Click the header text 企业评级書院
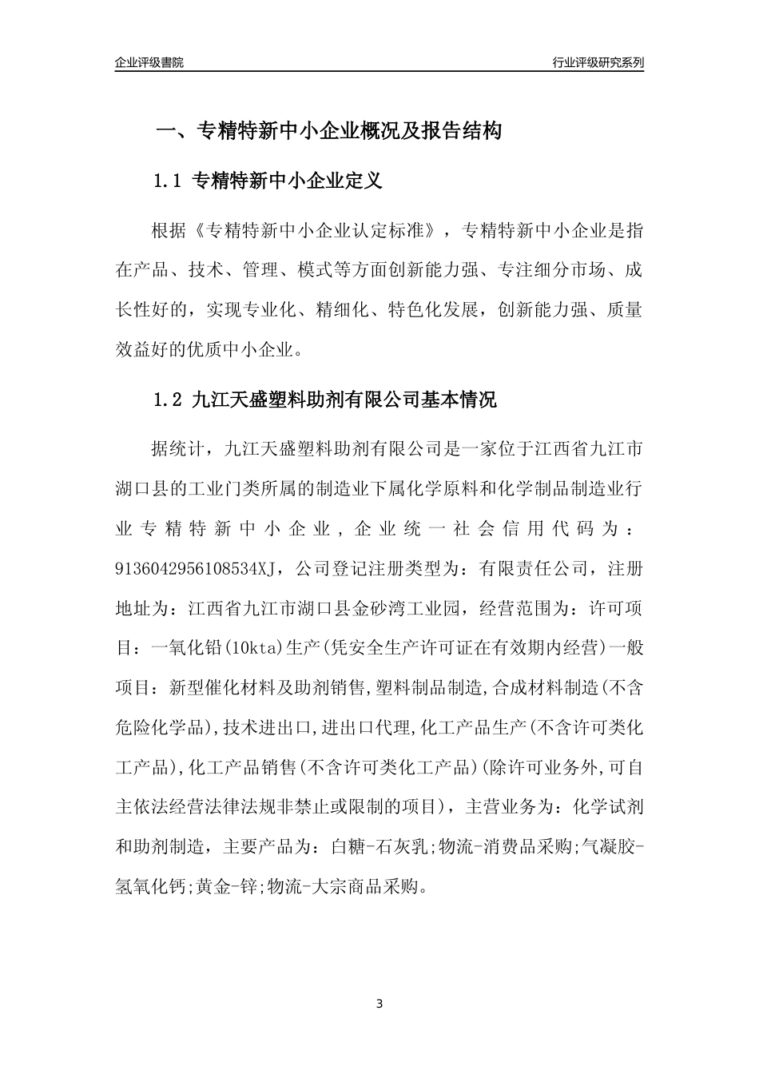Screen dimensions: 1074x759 coord(149,62)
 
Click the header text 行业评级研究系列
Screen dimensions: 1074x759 coord(598,62)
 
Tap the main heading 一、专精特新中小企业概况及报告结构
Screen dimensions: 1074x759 coord(328,131)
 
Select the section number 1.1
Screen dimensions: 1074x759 coord(169,181)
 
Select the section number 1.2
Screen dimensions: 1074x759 coord(169,400)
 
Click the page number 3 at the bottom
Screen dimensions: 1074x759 coord(379,1003)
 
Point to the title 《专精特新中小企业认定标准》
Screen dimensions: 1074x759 coord(316,232)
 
